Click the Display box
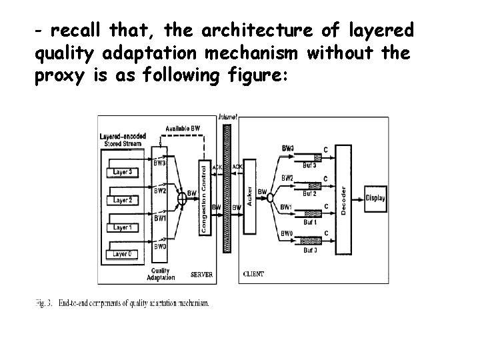(375, 198)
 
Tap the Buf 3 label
(309, 165)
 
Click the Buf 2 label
(309, 193)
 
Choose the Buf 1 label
(309, 222)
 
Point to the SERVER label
(201, 274)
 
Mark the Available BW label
(183, 128)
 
